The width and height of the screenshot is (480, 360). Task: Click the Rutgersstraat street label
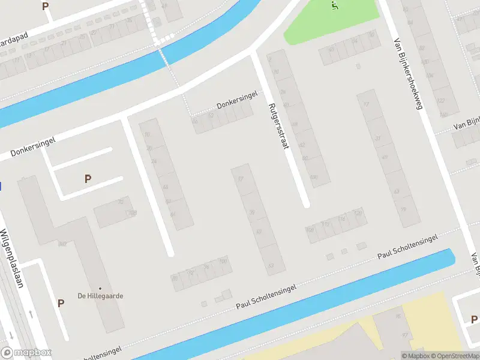click(280, 126)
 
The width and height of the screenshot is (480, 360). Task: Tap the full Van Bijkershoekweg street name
click(409, 75)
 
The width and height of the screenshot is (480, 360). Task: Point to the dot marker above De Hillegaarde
click(100, 289)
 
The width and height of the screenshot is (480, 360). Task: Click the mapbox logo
click(26, 353)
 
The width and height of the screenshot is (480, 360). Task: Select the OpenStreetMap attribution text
click(457, 356)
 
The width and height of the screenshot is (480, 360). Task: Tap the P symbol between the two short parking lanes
click(88, 179)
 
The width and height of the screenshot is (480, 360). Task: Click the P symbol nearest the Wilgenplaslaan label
click(61, 303)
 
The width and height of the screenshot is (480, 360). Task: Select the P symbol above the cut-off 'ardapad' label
click(45, 6)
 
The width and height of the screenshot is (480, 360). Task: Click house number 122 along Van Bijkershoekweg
click(441, 100)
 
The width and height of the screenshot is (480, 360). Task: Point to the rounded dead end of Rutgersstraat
click(306, 204)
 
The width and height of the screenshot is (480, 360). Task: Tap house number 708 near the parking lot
click(133, 212)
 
